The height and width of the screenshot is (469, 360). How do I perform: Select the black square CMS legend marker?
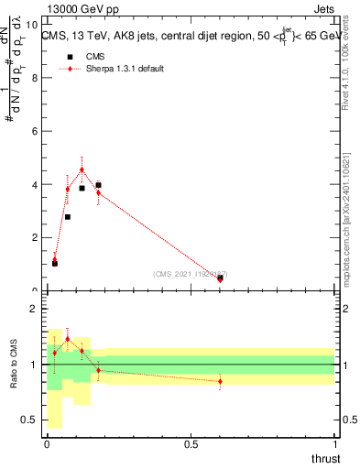click(67, 57)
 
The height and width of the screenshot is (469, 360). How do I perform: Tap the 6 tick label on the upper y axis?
click(33, 131)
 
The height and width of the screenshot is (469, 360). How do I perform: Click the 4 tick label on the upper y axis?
click(33, 184)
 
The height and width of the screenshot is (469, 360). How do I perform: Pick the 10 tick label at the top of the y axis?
click(30, 26)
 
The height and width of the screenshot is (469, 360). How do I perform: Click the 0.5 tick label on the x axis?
click(191, 444)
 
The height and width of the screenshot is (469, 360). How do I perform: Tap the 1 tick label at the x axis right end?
click(334, 444)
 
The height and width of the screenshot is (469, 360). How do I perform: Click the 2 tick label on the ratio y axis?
click(33, 310)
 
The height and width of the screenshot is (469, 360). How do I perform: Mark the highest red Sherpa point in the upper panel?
click(82, 169)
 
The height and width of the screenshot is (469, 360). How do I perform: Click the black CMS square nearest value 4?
click(98, 185)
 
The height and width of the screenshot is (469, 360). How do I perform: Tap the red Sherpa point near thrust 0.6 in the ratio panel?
click(220, 381)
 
